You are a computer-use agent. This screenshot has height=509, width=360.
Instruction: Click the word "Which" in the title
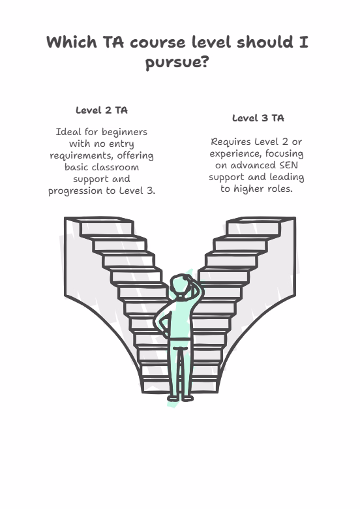tap(72, 42)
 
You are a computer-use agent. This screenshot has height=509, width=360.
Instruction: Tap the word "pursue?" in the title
tap(177, 62)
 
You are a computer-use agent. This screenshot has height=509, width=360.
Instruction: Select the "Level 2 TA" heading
tap(102, 110)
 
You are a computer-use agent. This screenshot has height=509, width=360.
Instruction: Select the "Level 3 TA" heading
tap(258, 118)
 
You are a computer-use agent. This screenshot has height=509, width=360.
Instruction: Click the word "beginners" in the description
tap(125, 132)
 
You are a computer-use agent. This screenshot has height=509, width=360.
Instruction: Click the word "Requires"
tap(231, 142)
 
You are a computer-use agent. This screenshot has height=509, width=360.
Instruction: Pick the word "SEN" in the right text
tap(288, 165)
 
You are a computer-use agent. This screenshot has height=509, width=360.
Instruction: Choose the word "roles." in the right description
tap(279, 189)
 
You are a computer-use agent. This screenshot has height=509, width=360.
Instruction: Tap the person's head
tap(179, 285)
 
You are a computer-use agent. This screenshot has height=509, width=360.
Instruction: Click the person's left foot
tap(173, 398)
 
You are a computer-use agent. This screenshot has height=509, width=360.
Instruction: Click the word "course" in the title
tap(158, 42)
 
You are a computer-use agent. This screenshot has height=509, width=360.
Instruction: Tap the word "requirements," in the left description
tap(82, 156)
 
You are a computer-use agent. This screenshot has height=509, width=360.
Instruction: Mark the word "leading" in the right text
tap(287, 177)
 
